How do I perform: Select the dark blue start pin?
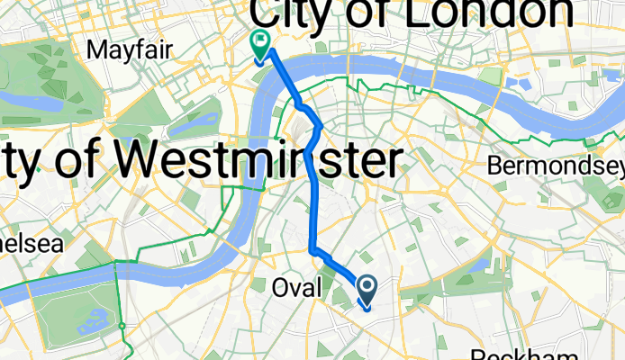[367, 289]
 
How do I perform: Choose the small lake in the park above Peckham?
[478, 265]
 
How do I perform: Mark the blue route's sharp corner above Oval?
[312, 249]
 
